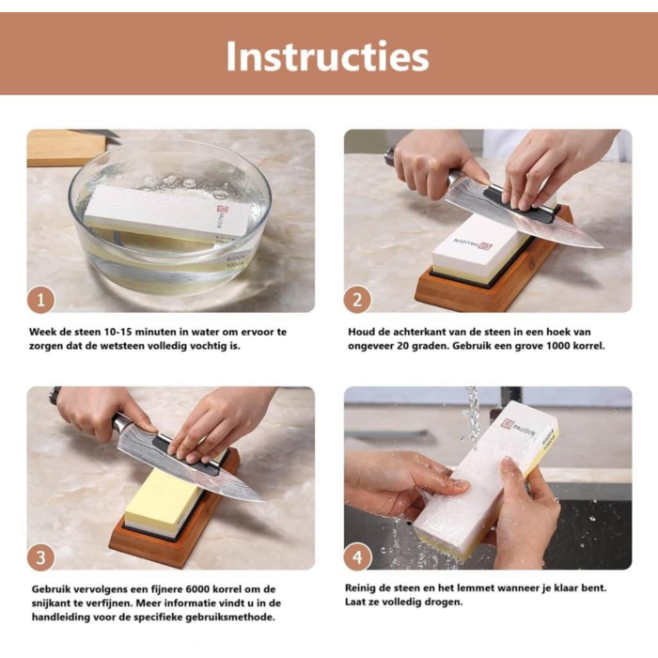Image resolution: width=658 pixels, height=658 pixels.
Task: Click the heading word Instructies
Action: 328,56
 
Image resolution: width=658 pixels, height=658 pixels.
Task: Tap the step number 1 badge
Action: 40,300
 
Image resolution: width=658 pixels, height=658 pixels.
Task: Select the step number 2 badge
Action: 357,300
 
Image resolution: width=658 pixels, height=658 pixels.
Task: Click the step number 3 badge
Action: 40,557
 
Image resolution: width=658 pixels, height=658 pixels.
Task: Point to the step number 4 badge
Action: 357,557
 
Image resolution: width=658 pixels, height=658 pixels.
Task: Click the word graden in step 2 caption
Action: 428,347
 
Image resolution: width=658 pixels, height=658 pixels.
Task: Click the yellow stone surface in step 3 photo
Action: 164,495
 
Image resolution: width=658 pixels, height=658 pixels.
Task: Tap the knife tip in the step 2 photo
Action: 603,247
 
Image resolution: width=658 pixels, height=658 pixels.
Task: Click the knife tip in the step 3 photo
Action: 263,500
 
